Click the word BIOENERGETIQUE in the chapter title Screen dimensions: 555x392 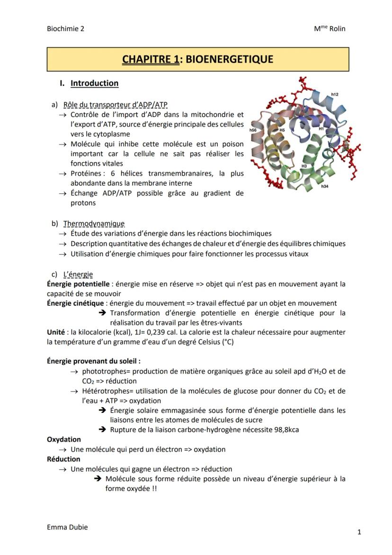(x=229, y=59)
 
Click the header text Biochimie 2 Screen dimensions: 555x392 (x=66, y=28)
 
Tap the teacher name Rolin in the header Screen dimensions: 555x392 (x=337, y=28)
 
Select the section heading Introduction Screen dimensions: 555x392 (x=94, y=83)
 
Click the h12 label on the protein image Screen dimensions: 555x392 (x=335, y=95)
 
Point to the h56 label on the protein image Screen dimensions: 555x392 (x=253, y=130)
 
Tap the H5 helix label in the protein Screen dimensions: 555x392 (x=282, y=130)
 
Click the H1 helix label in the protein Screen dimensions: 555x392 (x=321, y=128)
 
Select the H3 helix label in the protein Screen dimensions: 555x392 (x=304, y=166)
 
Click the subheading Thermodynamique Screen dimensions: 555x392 (x=94, y=224)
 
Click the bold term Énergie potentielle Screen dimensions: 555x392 (x=78, y=284)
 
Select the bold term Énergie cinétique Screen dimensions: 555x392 (x=75, y=303)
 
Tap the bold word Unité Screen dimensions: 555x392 (x=56, y=332)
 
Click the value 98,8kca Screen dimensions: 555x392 (x=284, y=430)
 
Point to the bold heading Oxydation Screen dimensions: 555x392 (x=64, y=439)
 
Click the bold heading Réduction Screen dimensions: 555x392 (x=63, y=459)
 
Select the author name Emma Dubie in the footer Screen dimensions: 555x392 (x=67, y=527)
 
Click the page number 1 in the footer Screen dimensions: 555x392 (x=359, y=532)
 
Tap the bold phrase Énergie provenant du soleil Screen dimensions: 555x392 (x=94, y=361)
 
